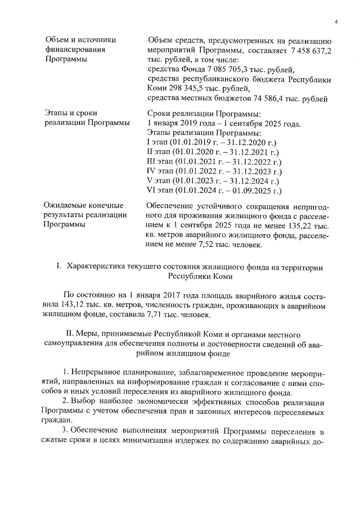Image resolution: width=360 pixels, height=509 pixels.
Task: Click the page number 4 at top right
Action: click(335, 21)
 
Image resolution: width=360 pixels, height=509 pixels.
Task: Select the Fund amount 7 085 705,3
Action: click(218, 70)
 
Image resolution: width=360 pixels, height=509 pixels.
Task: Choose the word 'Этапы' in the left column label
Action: click(56, 112)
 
